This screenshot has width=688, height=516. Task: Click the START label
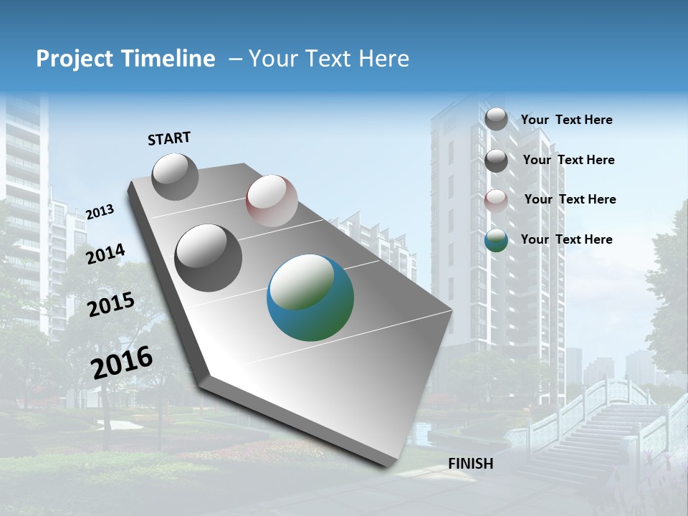click(x=169, y=138)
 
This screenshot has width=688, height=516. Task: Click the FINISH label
click(x=470, y=464)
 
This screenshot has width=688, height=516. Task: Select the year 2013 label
click(x=100, y=212)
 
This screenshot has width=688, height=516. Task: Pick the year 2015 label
click(x=111, y=305)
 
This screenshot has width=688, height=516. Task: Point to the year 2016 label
click(x=122, y=363)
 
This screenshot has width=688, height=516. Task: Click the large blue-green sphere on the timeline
click(x=310, y=298)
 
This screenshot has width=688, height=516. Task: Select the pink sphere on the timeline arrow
click(x=272, y=201)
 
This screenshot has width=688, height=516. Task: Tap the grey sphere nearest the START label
click(x=176, y=176)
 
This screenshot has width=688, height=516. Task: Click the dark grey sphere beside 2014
click(x=209, y=258)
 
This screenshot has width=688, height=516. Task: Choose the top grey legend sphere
click(x=496, y=119)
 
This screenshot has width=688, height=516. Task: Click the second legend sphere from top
click(x=496, y=161)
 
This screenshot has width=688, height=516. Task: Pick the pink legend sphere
click(x=496, y=200)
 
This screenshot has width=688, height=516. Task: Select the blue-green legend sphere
click(x=496, y=240)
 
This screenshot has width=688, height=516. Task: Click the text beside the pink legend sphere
click(x=570, y=199)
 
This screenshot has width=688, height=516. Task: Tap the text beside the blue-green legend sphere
click(x=566, y=239)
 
